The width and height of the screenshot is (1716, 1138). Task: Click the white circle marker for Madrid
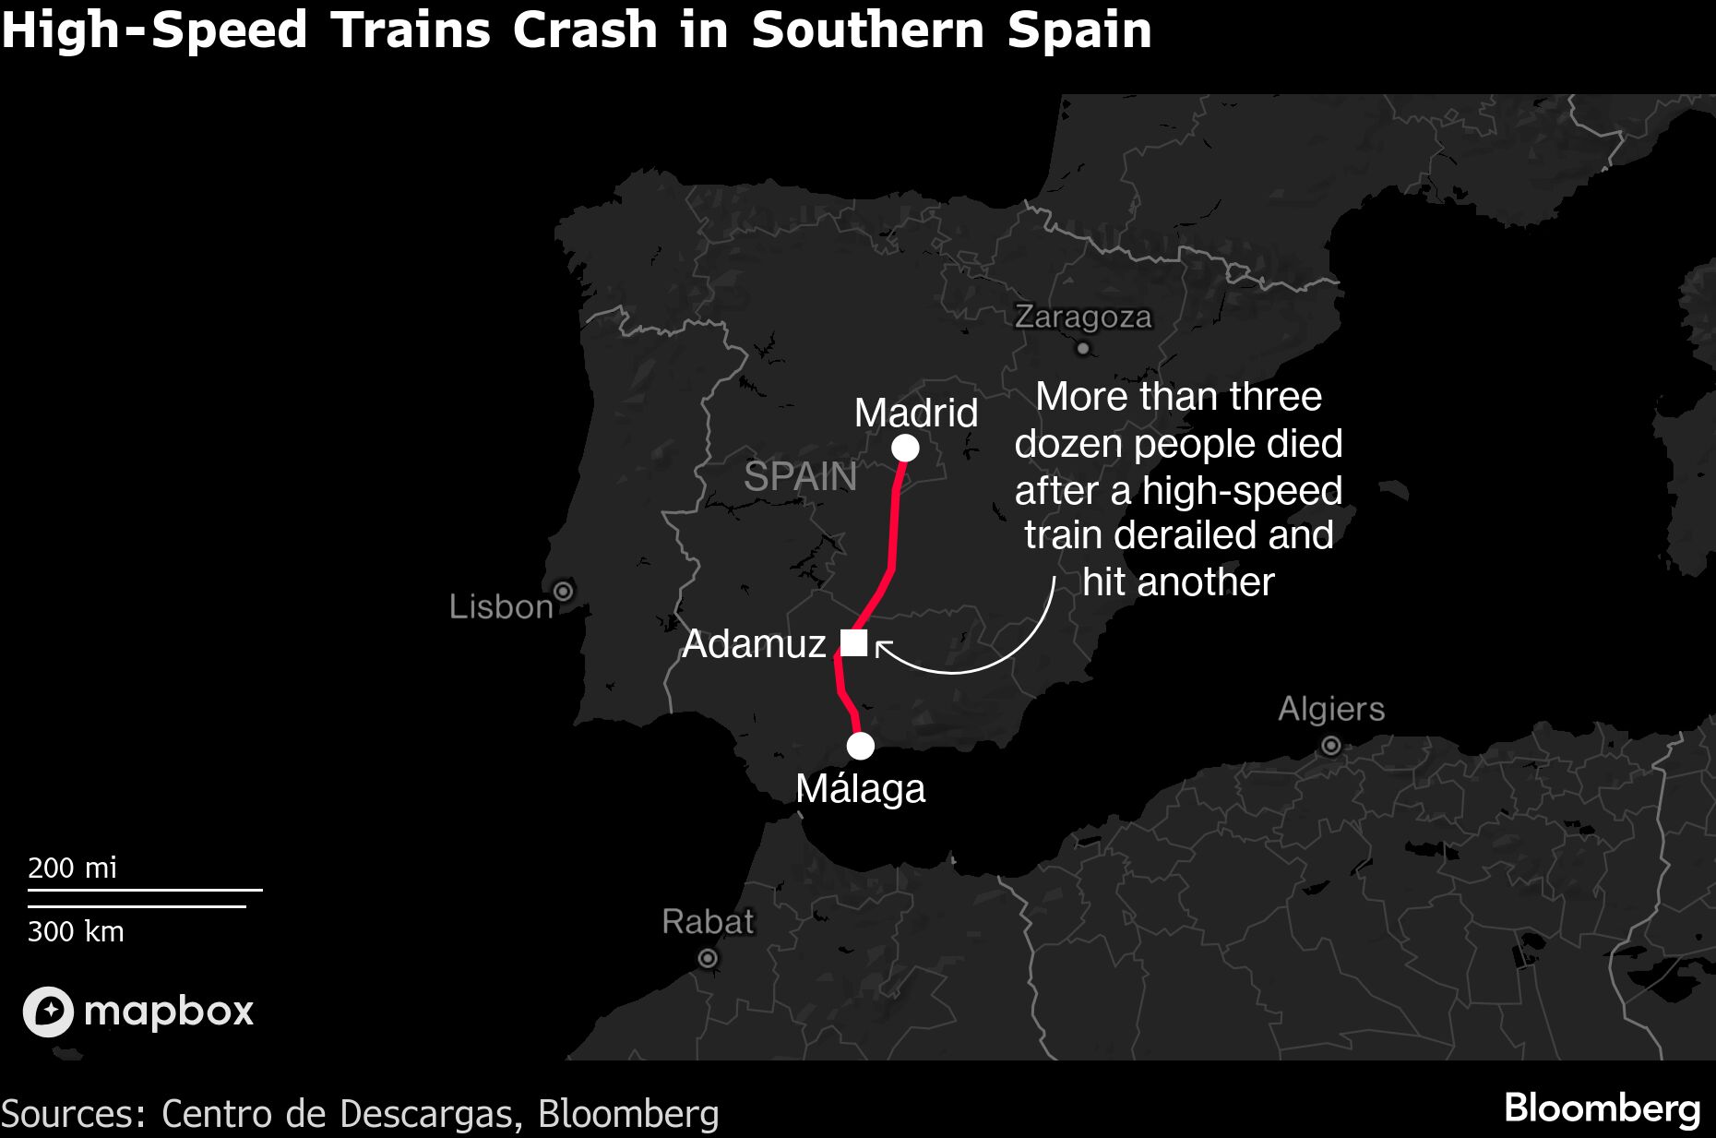pos(905,449)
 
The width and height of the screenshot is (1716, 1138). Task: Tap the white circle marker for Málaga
pos(860,746)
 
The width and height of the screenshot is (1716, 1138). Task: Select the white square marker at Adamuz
pos(853,642)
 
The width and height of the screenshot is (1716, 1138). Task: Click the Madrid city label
pos(915,413)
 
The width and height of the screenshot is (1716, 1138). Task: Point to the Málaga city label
pos(860,789)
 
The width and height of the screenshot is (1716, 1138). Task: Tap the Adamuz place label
pos(754,644)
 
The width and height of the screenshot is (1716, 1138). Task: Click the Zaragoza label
pos(1083,317)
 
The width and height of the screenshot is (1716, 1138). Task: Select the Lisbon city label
pos(501,606)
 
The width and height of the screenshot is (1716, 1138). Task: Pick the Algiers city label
pos(1331,709)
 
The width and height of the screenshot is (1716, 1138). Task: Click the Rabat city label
pos(708,921)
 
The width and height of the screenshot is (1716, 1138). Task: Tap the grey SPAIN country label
pos(800,477)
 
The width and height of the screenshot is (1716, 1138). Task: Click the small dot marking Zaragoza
pos(1083,349)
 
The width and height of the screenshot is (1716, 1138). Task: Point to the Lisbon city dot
pos(563,591)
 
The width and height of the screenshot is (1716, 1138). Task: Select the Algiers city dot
pos(1330,745)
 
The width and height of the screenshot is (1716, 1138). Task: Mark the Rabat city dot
pos(708,959)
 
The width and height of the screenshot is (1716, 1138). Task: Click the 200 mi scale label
pos(72,868)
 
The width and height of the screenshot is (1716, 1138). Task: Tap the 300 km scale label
pos(76,931)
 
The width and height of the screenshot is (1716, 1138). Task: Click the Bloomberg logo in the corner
pos(1602,1108)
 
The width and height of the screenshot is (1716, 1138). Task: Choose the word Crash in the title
pos(584,30)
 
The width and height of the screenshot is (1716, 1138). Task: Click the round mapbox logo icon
pos(48,1012)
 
